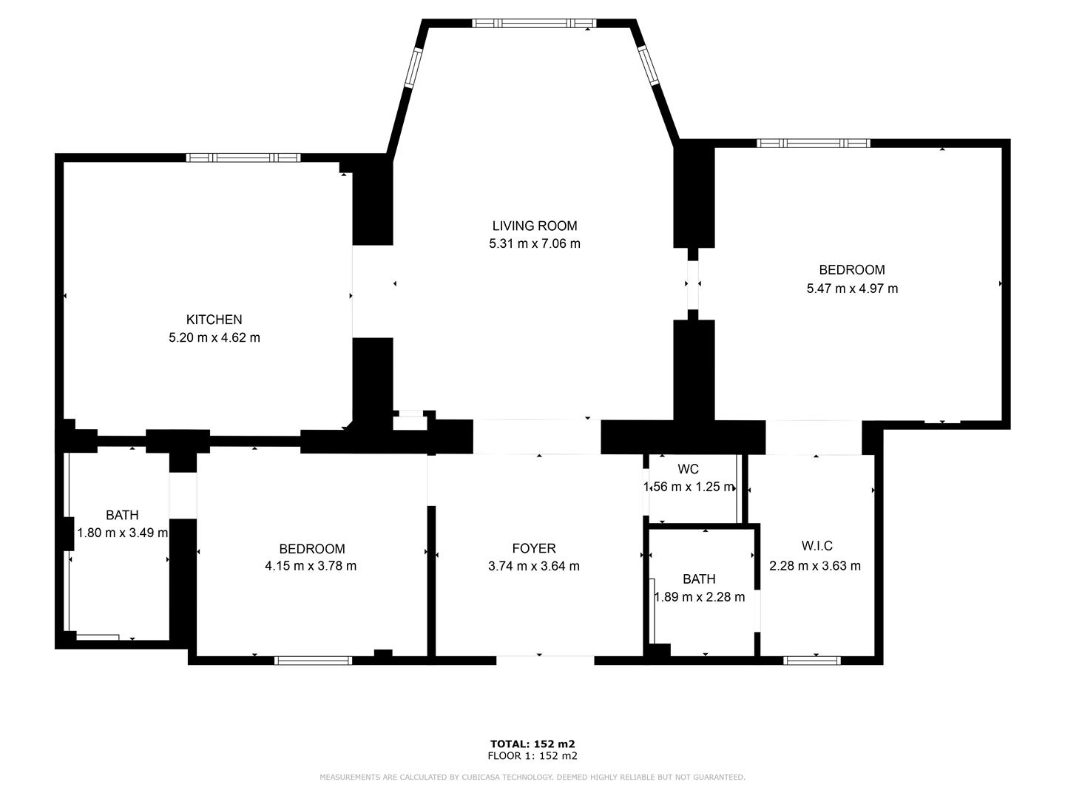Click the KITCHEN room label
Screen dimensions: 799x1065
(214, 320)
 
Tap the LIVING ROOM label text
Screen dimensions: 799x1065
(534, 226)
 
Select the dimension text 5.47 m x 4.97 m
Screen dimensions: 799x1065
(852, 289)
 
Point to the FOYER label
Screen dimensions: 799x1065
(533, 548)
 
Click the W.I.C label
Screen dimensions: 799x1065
(816, 546)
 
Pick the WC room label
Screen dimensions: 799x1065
(688, 469)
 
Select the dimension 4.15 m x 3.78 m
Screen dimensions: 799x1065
(311, 566)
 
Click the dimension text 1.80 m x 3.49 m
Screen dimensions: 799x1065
(123, 533)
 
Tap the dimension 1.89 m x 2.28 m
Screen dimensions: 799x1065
(700, 597)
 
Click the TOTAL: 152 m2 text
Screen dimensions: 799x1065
(532, 744)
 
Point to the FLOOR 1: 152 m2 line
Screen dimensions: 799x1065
(532, 756)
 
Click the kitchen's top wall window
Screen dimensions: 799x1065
(243, 158)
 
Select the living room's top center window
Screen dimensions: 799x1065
(533, 23)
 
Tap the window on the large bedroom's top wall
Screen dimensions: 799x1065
(813, 143)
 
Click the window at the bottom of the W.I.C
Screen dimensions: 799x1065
(811, 661)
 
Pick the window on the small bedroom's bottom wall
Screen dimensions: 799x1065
(313, 661)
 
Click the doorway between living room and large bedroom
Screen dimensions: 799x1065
(693, 284)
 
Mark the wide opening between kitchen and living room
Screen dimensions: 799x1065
(372, 291)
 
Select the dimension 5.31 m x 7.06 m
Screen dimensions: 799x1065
(534, 243)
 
